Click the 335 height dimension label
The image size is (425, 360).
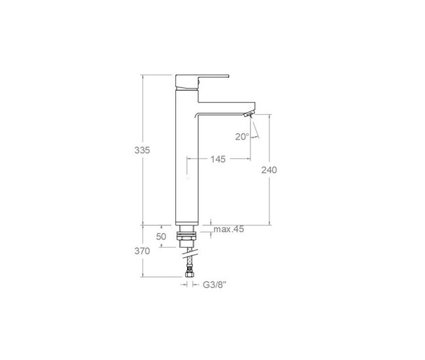142,150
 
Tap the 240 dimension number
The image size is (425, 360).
269,170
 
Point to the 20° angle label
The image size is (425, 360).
242,137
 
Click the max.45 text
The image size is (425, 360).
229,229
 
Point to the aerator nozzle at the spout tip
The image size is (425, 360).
247,115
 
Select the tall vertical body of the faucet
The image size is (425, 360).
187,163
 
